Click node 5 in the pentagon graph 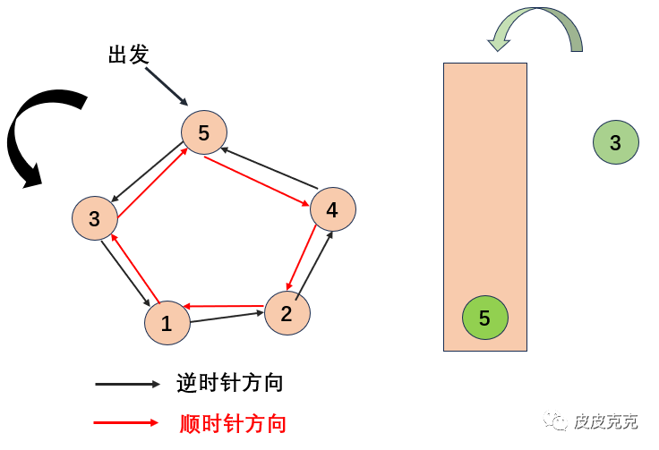point(204,133)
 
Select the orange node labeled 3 point(95,218)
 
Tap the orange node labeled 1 point(167,323)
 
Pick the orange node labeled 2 point(287,313)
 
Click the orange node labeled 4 point(333,209)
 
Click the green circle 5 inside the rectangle point(484,318)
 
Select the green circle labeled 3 point(615,142)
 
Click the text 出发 point(128,55)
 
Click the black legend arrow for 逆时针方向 point(127,384)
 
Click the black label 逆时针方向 point(230,383)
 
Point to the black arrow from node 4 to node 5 point(269,167)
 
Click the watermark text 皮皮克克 point(606,420)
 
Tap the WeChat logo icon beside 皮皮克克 point(559,420)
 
